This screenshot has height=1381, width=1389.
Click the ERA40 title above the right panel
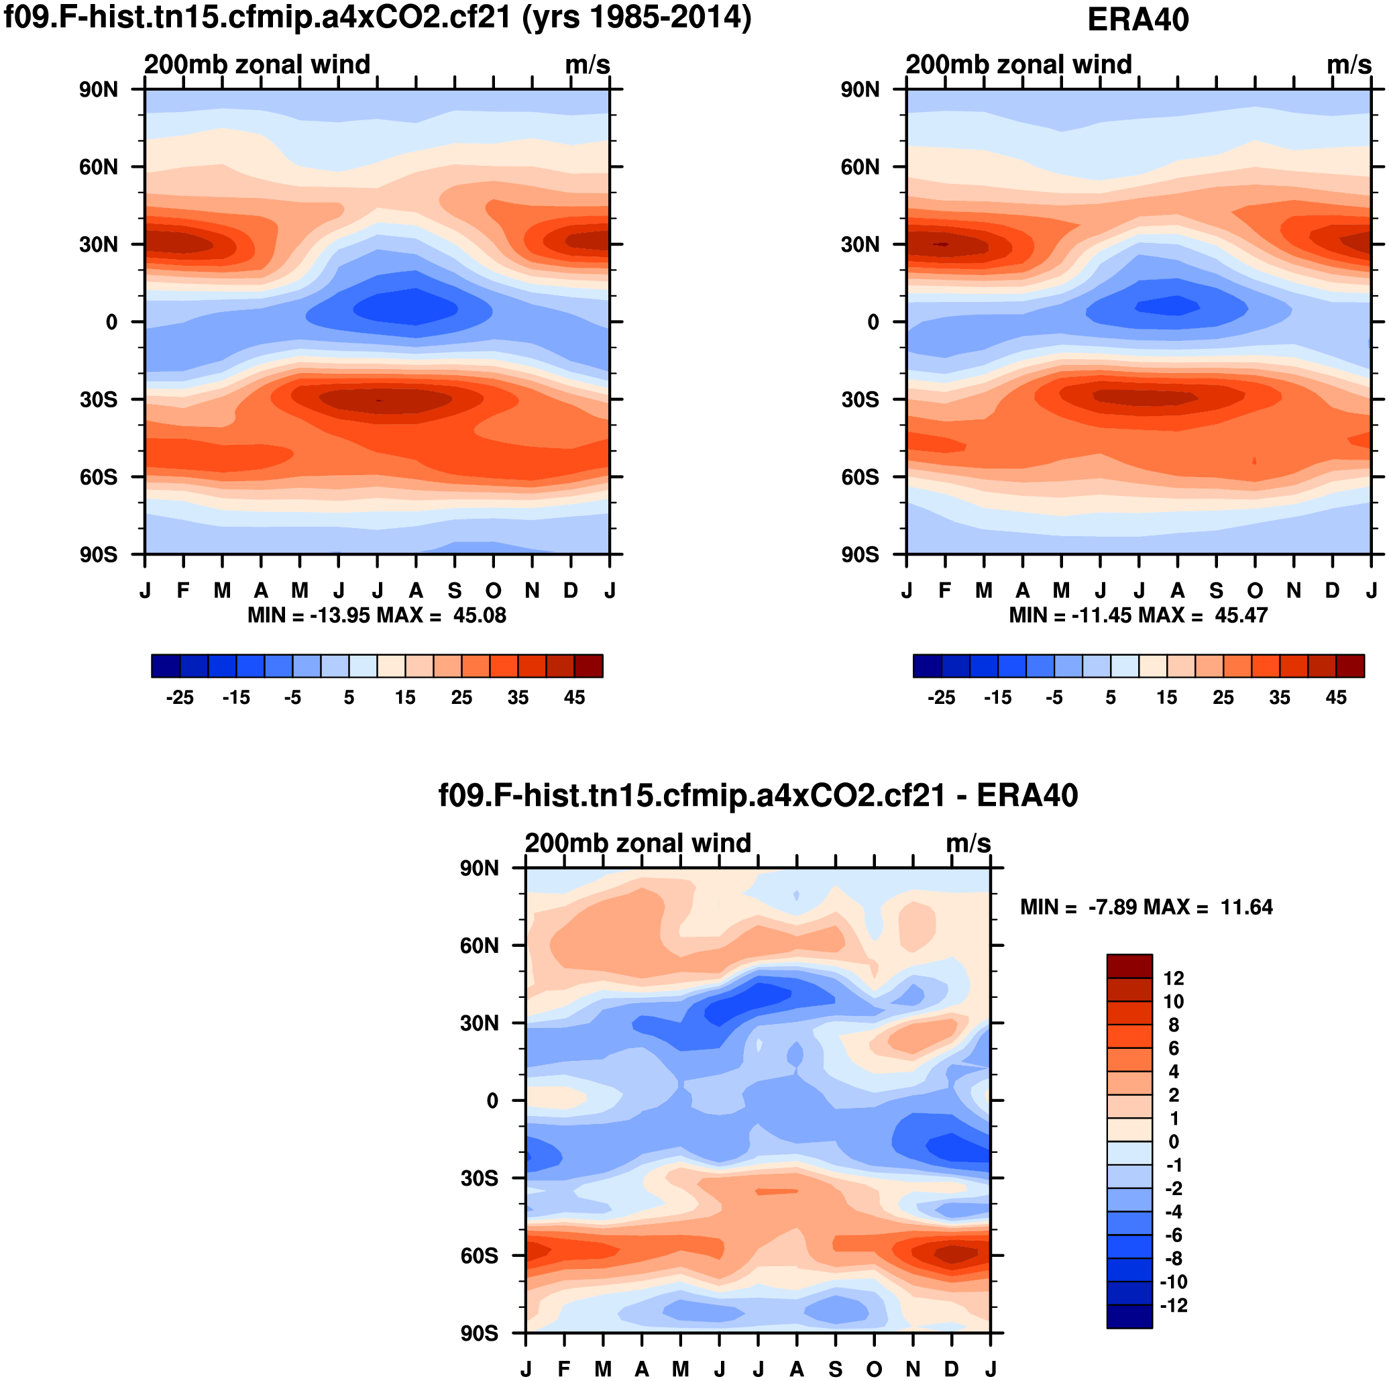click(1137, 19)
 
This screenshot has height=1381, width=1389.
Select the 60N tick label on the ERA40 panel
click(860, 167)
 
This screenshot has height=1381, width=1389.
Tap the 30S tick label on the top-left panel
click(99, 400)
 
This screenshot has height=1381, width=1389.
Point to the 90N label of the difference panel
click(479, 868)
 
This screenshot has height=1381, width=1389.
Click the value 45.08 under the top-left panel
click(480, 616)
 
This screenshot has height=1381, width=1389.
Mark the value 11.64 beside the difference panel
click(1246, 908)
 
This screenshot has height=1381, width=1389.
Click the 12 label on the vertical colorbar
click(1173, 978)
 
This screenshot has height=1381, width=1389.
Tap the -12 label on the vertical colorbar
click(1173, 1305)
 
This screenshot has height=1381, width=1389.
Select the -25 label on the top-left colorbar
click(180, 698)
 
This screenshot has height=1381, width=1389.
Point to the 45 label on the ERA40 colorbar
click(1336, 698)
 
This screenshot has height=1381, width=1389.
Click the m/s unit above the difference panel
click(968, 843)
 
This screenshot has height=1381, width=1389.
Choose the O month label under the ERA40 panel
click(1255, 591)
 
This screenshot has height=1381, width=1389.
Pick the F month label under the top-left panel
click(183, 591)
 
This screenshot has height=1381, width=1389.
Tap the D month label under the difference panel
click(951, 1370)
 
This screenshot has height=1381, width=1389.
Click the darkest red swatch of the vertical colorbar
click(1129, 966)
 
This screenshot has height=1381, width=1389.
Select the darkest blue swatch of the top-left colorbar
click(166, 666)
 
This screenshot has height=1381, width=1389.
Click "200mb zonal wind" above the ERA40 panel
click(1018, 64)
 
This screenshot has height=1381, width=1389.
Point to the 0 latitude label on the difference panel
click(492, 1101)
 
